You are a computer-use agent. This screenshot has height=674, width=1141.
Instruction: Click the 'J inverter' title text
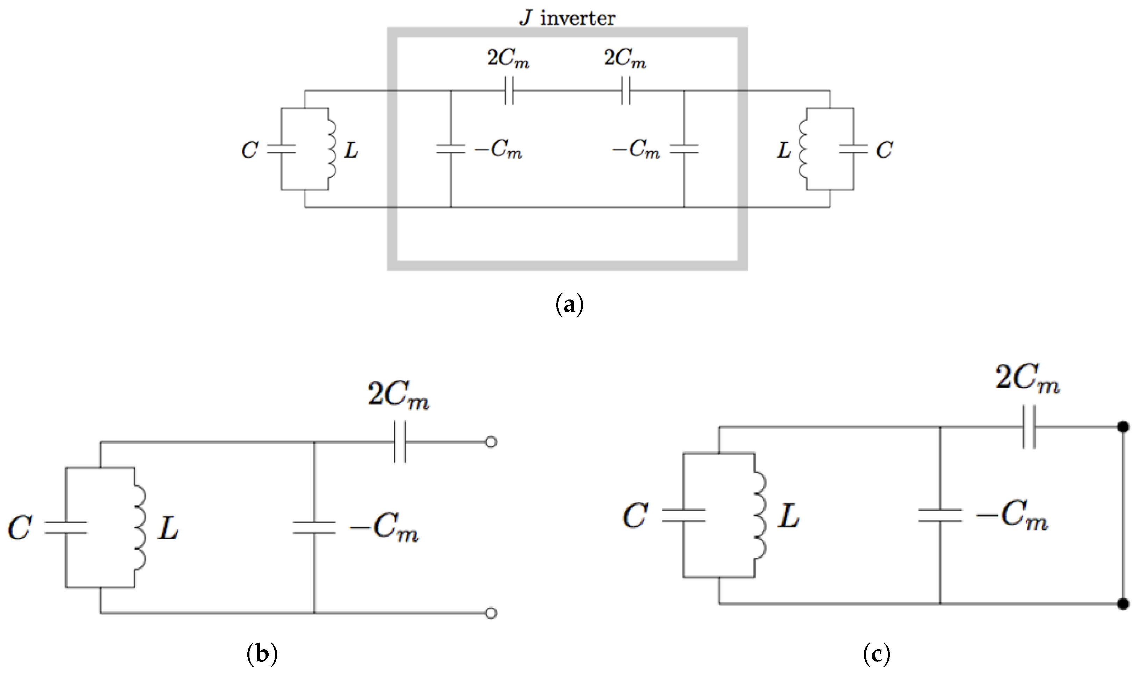(567, 18)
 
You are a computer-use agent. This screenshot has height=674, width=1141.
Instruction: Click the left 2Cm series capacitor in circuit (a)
(509, 91)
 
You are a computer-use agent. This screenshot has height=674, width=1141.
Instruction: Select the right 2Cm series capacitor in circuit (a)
(625, 91)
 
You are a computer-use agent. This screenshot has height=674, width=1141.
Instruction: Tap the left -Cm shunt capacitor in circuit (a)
(450, 149)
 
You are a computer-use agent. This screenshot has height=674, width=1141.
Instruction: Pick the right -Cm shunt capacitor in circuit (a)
(684, 149)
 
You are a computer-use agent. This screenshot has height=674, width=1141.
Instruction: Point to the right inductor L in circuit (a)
(804, 149)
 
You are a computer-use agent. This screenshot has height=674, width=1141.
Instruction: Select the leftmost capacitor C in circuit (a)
(281, 149)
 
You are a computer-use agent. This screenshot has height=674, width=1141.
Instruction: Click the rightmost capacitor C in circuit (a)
(853, 149)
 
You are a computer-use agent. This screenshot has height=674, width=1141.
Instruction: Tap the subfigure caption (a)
(569, 305)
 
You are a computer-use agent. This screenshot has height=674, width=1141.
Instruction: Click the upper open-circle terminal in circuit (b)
(491, 442)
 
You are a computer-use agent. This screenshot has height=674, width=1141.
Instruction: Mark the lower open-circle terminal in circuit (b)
(491, 613)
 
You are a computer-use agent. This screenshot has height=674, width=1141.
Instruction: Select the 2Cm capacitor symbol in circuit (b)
(400, 442)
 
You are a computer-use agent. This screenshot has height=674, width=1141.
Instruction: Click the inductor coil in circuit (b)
(139, 528)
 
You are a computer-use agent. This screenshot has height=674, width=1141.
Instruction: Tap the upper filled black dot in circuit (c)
(1123, 427)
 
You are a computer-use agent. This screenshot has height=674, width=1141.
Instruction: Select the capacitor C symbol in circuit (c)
(683, 516)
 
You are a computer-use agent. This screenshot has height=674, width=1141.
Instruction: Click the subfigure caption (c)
(876, 654)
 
